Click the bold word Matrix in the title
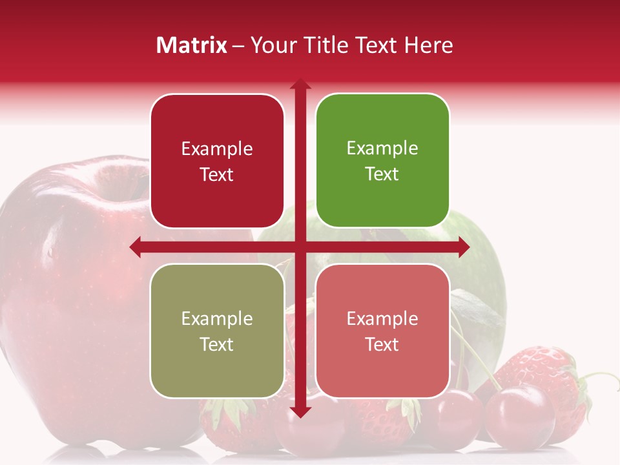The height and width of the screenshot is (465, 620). [192, 45]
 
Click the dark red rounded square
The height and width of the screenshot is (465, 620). [217, 161]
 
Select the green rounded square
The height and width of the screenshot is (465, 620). [382, 161]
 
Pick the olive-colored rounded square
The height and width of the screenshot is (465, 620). [217, 331]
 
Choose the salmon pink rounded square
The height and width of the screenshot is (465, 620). [382, 331]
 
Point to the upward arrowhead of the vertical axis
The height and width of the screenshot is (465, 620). [300, 85]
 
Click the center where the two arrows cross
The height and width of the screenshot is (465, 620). [300, 247]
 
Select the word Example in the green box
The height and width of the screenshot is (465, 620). [382, 149]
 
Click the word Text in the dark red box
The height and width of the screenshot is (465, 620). [217, 175]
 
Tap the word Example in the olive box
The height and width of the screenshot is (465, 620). [217, 318]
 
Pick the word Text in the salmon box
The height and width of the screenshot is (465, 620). [382, 344]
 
